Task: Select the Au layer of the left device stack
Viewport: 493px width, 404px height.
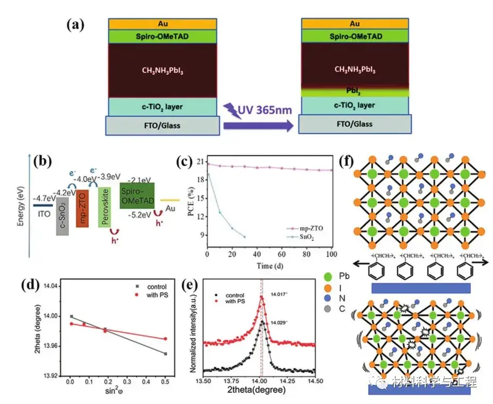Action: [x=163, y=24]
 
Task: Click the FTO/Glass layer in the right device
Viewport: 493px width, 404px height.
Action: [x=355, y=124]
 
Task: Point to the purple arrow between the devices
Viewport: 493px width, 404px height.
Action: [x=257, y=126]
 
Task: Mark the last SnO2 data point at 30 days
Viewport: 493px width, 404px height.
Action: [x=244, y=237]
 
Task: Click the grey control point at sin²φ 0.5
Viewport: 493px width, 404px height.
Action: [x=166, y=354]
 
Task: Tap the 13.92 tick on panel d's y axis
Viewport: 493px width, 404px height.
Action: [x=49, y=376]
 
